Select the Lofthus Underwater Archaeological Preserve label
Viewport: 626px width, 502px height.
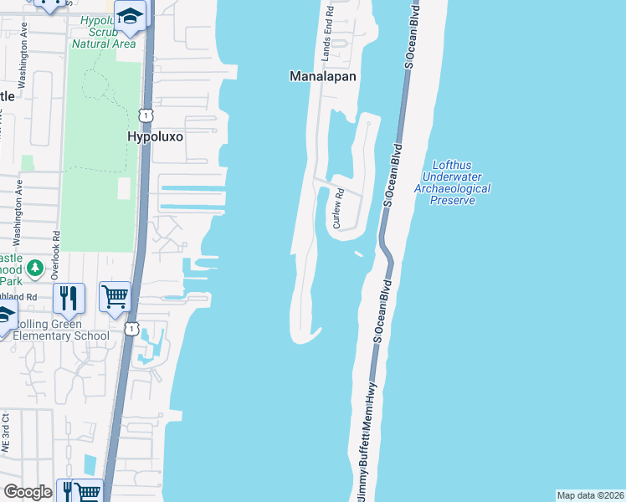click(x=452, y=177)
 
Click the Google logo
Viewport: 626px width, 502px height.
click(x=28, y=492)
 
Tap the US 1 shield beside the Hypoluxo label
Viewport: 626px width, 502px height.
click(x=146, y=113)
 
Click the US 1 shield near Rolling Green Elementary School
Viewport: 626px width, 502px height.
click(x=131, y=329)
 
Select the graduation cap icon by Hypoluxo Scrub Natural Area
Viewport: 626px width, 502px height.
click(x=131, y=15)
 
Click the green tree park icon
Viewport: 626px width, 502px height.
click(x=34, y=269)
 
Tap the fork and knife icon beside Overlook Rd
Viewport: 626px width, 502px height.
click(x=68, y=296)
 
